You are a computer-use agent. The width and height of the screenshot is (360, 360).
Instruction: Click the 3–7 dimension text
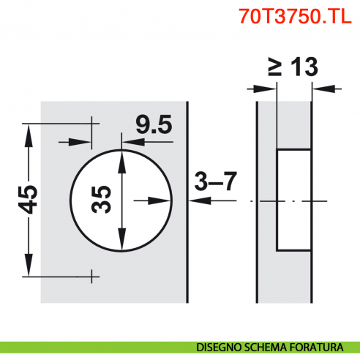click(215, 181)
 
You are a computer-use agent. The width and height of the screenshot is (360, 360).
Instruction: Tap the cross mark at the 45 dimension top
click(92, 123)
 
